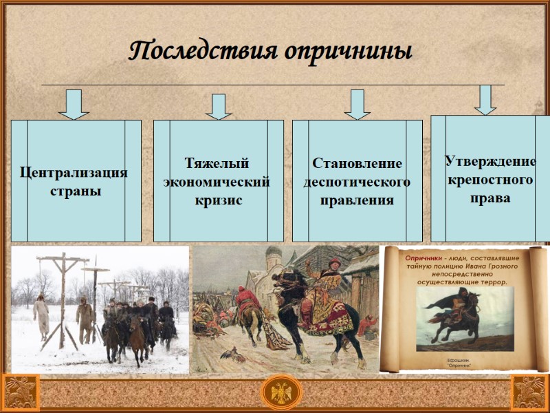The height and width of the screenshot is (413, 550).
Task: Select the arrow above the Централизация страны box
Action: pyautogui.click(x=74, y=104)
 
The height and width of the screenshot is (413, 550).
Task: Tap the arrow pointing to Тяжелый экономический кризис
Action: pyautogui.click(x=219, y=107)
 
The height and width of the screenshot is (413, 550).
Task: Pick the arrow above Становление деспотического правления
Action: pyautogui.click(x=357, y=104)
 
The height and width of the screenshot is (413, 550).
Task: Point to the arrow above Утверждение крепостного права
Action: pyautogui.click(x=485, y=100)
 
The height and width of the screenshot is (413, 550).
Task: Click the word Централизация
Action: pyautogui.click(x=74, y=172)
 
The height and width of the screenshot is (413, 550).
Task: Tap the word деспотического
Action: pyautogui.click(x=357, y=182)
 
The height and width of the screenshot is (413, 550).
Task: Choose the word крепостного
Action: pyautogui.click(x=490, y=180)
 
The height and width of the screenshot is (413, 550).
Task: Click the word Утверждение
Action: pyautogui.click(x=490, y=162)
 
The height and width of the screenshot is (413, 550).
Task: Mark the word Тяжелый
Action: pyautogui.click(x=217, y=164)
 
